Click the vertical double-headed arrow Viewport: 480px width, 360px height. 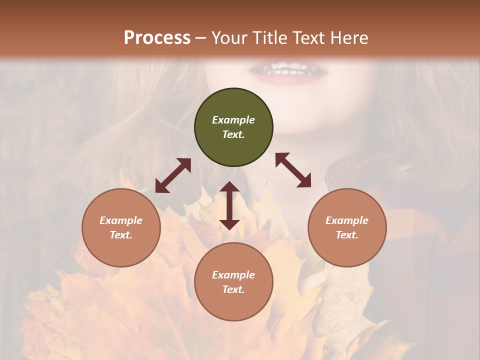pos(229,205)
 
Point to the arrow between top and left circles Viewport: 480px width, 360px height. pos(173,175)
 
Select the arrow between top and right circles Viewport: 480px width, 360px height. pos(293,170)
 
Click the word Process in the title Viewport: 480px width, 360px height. pos(157,37)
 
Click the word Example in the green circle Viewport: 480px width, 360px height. pos(233,120)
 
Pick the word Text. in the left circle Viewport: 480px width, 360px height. pos(121,235)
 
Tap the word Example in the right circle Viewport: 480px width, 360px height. pos(347,220)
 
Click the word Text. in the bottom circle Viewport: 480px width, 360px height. pos(233,289)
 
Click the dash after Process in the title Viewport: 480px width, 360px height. pos(201,38)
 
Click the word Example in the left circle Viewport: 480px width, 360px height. pos(121,220)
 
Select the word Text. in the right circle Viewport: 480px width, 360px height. pos(347,235)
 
